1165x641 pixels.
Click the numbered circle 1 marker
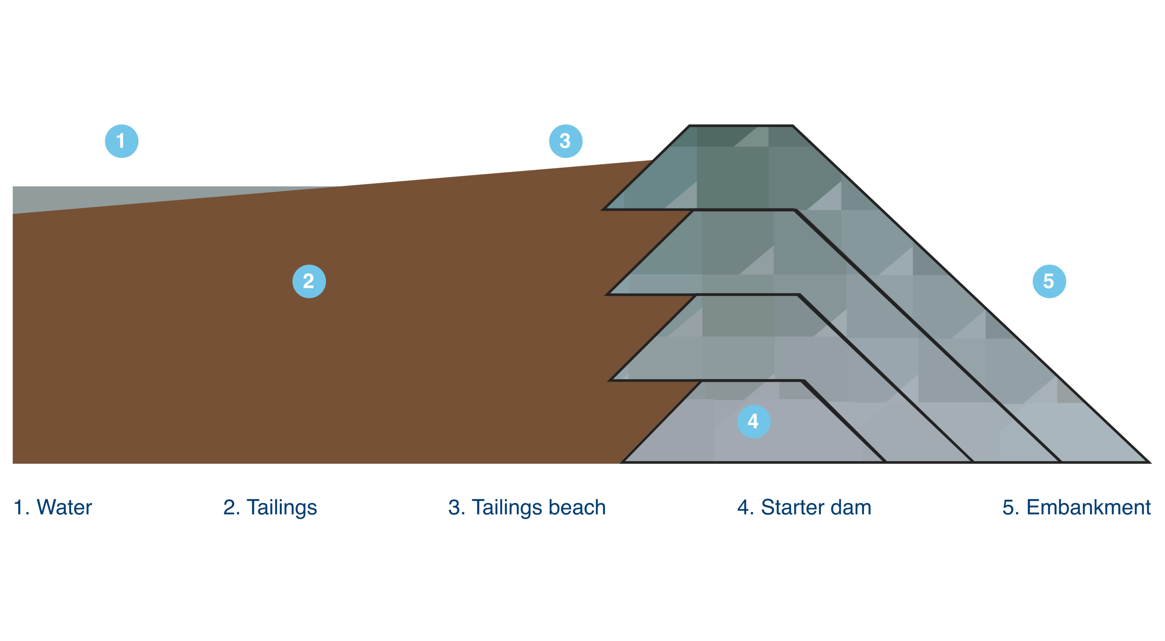pyautogui.click(x=122, y=141)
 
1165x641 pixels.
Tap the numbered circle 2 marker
pyautogui.click(x=309, y=281)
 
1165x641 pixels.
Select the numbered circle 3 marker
pyautogui.click(x=565, y=141)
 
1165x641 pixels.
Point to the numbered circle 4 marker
pyautogui.click(x=754, y=422)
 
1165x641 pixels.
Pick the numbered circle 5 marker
pyautogui.click(x=1049, y=281)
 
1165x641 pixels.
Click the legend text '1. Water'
pyautogui.click(x=53, y=508)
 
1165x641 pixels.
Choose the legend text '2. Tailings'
pyautogui.click(x=270, y=508)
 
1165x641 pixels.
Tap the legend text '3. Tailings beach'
pyautogui.click(x=527, y=508)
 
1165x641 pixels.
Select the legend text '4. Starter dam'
pyautogui.click(x=804, y=508)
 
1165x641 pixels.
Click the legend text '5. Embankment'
pyautogui.click(x=1076, y=508)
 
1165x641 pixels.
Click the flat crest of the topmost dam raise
pyautogui.click(x=741, y=127)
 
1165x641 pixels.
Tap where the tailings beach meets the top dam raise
pyautogui.click(x=653, y=160)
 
